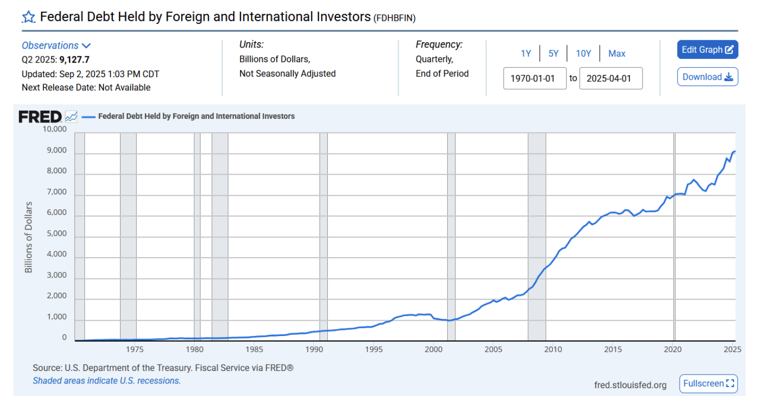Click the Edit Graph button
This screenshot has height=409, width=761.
point(707,50)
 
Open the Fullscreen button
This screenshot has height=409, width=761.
point(708,383)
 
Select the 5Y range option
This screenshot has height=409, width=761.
point(553,54)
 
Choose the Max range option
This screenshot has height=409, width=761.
point(616,54)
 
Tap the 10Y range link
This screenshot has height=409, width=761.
point(583,54)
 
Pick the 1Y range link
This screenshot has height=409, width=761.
point(526,54)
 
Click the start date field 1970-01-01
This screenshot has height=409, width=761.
point(534,78)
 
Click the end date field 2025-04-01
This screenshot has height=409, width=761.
point(611,78)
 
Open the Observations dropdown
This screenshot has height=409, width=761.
point(56,46)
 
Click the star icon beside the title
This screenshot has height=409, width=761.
point(28,17)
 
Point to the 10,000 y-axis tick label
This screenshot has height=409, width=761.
point(54,129)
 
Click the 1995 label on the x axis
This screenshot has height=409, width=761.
point(373,349)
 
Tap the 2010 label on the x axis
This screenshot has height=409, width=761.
point(553,349)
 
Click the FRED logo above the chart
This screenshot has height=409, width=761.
point(40,117)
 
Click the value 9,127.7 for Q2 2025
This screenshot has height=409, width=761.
point(74,59)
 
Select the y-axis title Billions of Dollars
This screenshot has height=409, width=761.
point(28,237)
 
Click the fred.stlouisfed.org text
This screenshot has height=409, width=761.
point(630,385)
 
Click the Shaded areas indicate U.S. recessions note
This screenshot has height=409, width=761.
point(106,381)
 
